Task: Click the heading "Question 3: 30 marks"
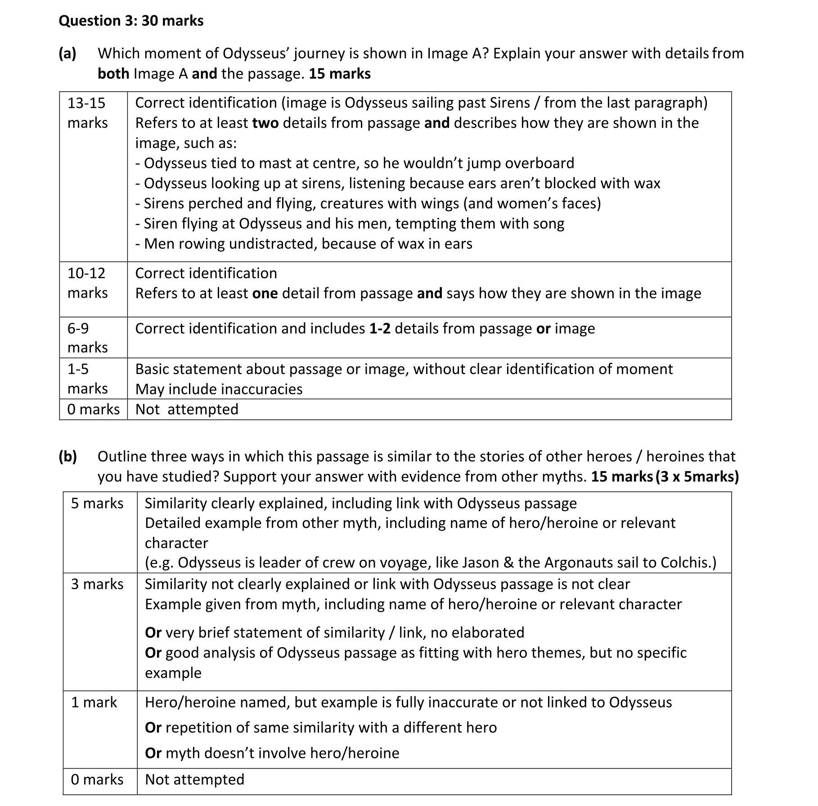point(131,21)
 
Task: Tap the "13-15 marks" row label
point(87,113)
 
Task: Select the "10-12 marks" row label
point(87,283)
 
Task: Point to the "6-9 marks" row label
point(87,338)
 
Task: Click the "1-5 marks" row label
point(87,378)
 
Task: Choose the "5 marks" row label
point(97,503)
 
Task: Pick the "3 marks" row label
point(97,584)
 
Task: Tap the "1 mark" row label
point(94,702)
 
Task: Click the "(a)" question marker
point(67,54)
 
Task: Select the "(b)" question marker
point(68,457)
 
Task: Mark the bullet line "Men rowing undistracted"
point(304,244)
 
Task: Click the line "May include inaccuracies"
point(219,389)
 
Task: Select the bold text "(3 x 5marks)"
point(697,477)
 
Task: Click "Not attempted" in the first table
point(187,410)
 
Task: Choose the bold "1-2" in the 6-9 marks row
point(380,329)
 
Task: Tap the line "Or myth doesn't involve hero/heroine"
point(272,753)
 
